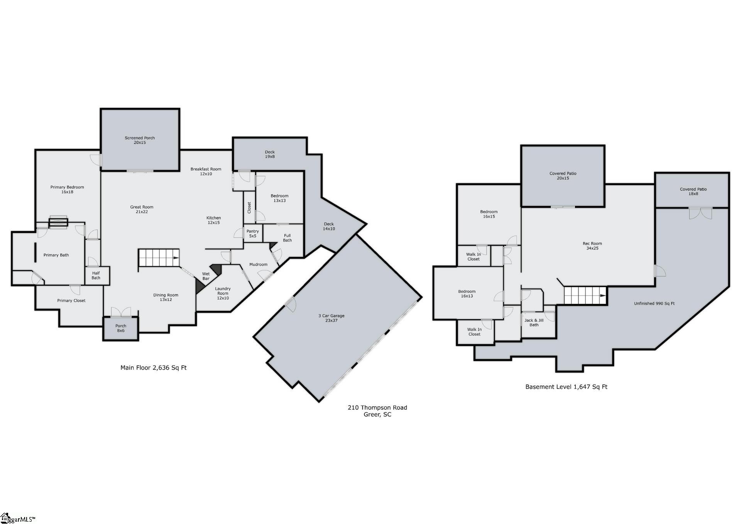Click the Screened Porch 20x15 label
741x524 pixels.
(x=140, y=140)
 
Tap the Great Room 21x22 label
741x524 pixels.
(x=142, y=209)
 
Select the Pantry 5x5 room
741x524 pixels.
(x=253, y=233)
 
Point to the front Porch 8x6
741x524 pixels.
(x=120, y=328)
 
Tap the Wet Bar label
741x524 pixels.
(x=206, y=276)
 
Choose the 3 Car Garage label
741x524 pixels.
(x=332, y=318)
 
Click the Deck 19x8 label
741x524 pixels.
(x=270, y=154)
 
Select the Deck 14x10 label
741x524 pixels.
(x=329, y=226)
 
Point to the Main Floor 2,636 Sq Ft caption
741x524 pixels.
(x=154, y=368)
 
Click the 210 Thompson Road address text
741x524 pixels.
(x=377, y=407)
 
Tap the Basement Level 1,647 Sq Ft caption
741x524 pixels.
(x=566, y=387)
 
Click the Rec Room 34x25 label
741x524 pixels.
(x=592, y=246)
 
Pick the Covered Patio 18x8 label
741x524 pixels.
(x=694, y=191)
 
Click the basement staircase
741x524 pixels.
(x=585, y=295)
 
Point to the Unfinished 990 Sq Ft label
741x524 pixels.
(x=654, y=303)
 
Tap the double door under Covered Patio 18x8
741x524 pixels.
(x=700, y=213)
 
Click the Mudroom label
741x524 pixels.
(x=258, y=264)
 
